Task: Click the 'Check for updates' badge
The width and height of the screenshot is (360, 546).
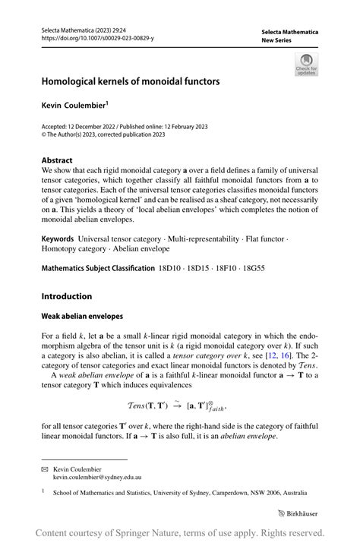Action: tap(306, 64)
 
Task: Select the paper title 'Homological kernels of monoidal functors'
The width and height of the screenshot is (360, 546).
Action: tap(131, 80)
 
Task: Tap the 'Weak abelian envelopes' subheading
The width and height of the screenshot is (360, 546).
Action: tap(83, 315)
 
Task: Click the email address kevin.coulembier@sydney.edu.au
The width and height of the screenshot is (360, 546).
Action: tap(96, 477)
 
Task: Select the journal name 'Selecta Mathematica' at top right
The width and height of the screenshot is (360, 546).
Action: tap(289, 32)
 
